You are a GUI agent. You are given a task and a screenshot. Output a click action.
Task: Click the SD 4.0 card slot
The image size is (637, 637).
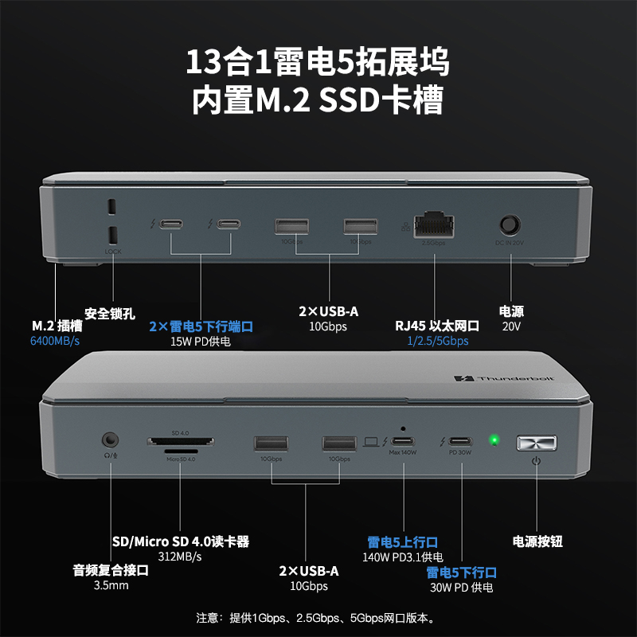[x=180, y=441]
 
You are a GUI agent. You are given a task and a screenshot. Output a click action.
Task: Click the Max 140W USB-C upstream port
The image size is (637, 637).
[x=404, y=441]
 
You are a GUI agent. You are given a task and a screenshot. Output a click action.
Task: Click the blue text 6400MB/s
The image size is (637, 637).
[x=55, y=341]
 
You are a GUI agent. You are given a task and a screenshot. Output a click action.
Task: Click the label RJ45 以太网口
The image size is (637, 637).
[x=436, y=326]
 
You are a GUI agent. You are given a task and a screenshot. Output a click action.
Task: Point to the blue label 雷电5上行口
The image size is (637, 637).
[x=402, y=541]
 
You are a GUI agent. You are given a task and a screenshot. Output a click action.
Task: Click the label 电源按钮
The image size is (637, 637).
[x=538, y=541]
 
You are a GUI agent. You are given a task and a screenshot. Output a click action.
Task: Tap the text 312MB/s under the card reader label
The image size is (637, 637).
[x=180, y=557]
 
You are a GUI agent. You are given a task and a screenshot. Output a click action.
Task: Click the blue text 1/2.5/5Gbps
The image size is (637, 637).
[x=436, y=341]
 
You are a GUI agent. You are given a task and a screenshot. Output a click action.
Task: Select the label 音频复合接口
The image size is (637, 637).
[x=111, y=570]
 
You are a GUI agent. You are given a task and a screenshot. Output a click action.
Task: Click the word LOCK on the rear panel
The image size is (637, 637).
[x=112, y=252]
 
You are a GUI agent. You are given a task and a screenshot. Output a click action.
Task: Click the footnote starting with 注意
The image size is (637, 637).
[x=318, y=617]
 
